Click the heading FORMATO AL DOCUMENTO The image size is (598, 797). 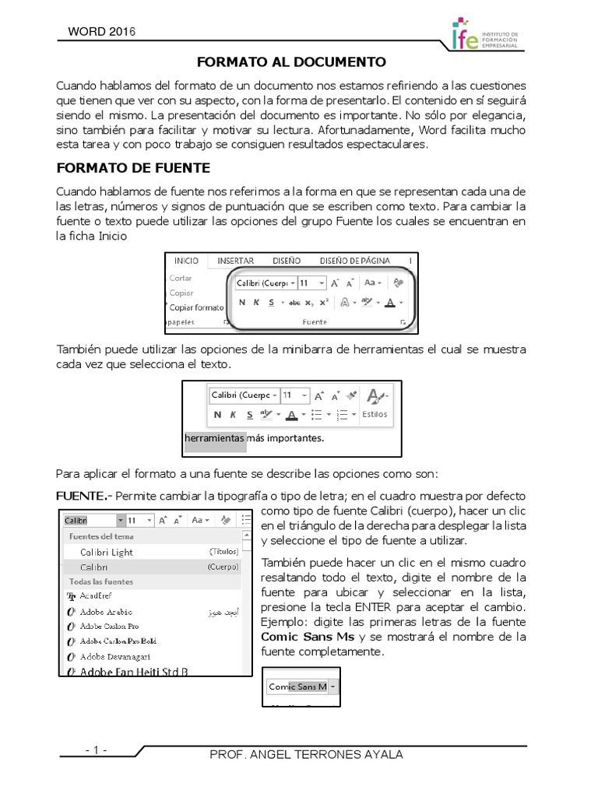coord(290,61)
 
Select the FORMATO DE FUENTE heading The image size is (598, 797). coord(133,167)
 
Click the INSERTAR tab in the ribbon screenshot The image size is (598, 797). coord(235,261)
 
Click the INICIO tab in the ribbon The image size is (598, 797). coord(186,261)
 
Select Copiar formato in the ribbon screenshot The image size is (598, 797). coord(196,307)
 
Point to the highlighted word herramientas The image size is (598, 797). coord(214,438)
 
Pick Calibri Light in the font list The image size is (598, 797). coord(107,552)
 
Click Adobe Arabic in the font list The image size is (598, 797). coord(106,612)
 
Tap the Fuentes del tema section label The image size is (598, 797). coord(101,536)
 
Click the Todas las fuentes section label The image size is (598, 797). coord(101,581)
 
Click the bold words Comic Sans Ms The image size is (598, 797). coord(308,637)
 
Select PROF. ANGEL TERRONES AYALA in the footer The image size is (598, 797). coord(307,755)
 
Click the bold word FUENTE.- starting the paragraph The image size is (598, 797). coord(84,496)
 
